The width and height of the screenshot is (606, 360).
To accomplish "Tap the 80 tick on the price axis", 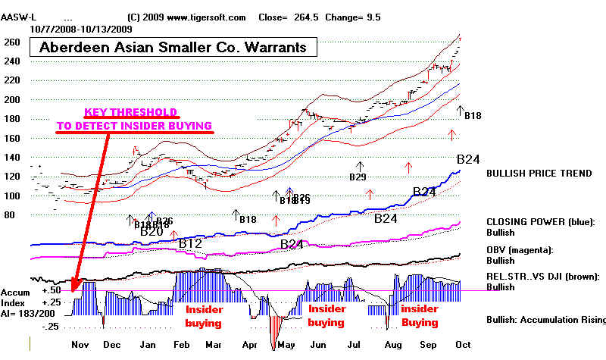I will (11, 215).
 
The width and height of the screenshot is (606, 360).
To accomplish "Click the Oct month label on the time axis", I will (462, 345).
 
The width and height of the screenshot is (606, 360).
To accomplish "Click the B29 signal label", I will (358, 177).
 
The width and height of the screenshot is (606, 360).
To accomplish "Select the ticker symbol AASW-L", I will (18, 17).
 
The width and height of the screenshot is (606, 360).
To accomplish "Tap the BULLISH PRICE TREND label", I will (539, 174).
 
